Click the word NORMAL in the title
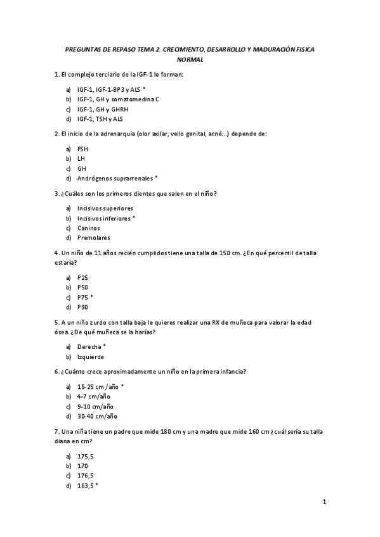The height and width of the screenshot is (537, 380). click(190, 60)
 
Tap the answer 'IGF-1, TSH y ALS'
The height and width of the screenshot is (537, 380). click(100, 119)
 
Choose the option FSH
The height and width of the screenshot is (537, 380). click(83, 149)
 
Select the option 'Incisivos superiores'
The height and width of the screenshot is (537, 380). click(105, 208)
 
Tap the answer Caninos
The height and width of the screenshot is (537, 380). click(89, 228)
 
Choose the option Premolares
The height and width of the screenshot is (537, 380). click(94, 238)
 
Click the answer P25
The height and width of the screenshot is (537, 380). click(83, 277)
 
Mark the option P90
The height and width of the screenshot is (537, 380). click(83, 307)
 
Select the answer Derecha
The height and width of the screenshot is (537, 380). click(89, 347)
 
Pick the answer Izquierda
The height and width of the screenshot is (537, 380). click(91, 357)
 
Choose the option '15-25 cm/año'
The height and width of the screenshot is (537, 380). click(98, 386)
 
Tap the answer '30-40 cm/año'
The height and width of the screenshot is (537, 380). click(98, 416)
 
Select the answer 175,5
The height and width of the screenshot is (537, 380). click(86, 456)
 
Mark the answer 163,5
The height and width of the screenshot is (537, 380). click(86, 486)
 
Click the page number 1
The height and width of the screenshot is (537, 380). click(324, 503)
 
